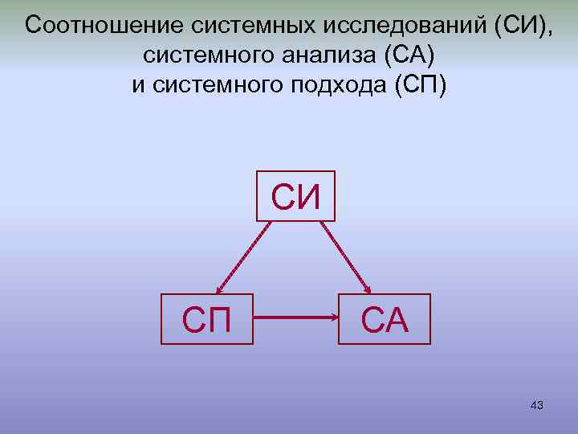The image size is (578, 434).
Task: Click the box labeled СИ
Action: click(x=295, y=195)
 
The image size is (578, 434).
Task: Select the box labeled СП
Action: click(x=207, y=319)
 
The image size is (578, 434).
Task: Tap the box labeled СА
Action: click(x=385, y=319)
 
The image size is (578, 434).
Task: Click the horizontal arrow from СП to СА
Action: click(x=295, y=319)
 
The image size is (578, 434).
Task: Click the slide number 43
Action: click(x=537, y=406)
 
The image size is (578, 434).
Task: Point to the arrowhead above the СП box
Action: click(x=218, y=289)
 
